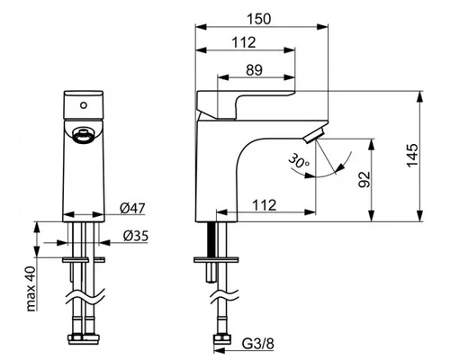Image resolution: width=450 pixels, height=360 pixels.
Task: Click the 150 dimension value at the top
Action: click(x=259, y=19)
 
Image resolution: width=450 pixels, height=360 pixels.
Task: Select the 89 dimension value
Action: click(x=254, y=70)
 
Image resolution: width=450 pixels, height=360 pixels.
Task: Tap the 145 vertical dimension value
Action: click(x=412, y=156)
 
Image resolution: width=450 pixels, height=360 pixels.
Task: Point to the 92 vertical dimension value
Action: click(x=364, y=180)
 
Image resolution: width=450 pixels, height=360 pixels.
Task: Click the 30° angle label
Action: click(x=299, y=161)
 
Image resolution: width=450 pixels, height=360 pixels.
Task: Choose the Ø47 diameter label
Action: click(x=132, y=208)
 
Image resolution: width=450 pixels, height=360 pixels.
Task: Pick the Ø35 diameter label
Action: click(x=136, y=236)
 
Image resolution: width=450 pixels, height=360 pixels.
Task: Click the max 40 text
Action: click(x=31, y=289)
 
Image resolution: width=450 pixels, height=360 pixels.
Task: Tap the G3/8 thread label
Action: click(x=258, y=344)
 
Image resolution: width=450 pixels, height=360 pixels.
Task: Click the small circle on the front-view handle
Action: click(x=84, y=105)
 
